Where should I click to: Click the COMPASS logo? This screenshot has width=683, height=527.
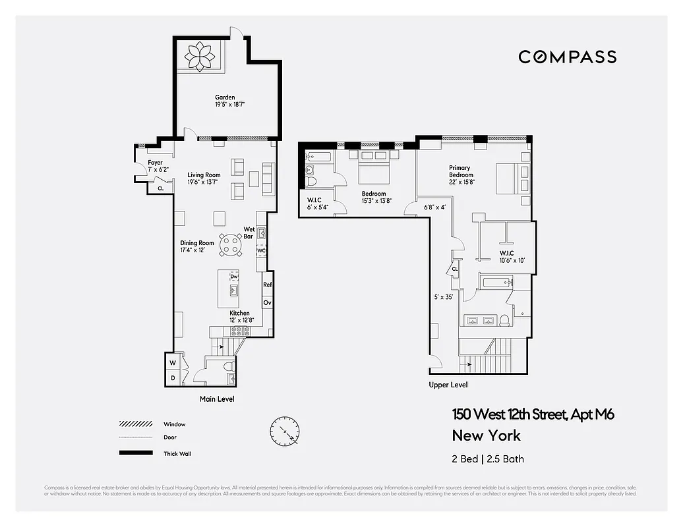(x=567, y=57)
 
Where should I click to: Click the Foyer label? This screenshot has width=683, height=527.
(x=155, y=163)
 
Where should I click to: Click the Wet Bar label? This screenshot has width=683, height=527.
(x=249, y=233)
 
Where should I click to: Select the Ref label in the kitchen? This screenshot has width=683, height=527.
(x=268, y=285)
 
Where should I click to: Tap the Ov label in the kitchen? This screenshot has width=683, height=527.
(x=268, y=302)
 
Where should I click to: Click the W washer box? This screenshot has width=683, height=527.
(x=172, y=362)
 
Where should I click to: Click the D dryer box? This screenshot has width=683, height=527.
(x=172, y=377)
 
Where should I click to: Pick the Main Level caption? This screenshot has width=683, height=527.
(x=217, y=399)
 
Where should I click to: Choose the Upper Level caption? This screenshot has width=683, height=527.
(x=448, y=385)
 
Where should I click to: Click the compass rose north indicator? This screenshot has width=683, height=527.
(x=285, y=431)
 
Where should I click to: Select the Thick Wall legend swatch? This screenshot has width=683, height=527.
(x=135, y=453)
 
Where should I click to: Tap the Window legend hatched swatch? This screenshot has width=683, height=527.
(x=135, y=424)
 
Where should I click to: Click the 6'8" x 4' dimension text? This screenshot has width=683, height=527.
(x=434, y=208)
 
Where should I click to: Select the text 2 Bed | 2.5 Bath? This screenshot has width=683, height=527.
(x=488, y=459)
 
